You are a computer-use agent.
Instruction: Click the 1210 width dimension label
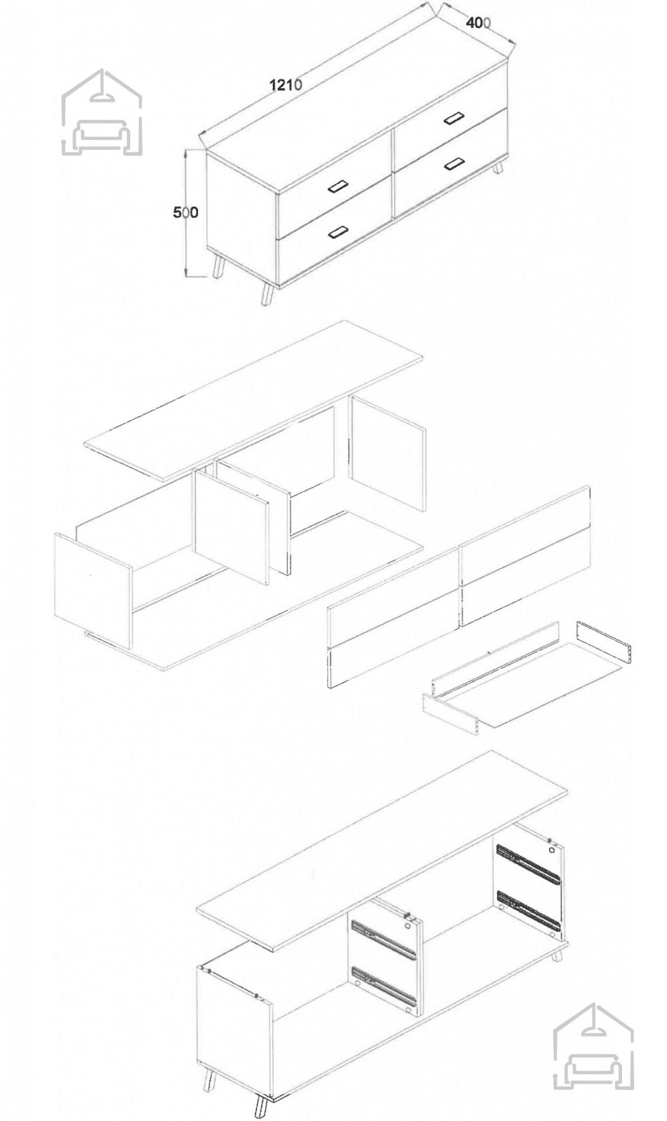[x=286, y=85]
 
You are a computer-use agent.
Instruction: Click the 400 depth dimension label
[x=478, y=23]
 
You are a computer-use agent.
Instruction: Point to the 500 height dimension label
[x=185, y=213]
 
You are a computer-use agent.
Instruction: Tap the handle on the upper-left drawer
[x=338, y=187]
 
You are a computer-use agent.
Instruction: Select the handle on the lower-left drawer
[x=338, y=232]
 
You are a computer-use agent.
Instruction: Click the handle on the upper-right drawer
[x=453, y=118]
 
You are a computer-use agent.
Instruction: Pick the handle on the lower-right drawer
[x=453, y=164]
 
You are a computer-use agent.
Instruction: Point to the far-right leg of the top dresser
[x=499, y=169]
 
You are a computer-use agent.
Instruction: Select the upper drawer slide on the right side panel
[x=527, y=862]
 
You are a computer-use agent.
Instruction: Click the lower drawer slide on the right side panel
[x=527, y=910]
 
